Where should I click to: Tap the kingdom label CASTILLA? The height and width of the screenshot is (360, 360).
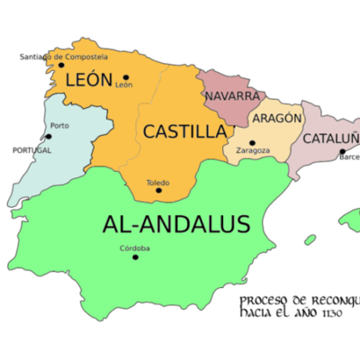184,131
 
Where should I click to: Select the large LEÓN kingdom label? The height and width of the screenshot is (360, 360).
88,81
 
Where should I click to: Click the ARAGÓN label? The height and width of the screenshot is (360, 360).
277,119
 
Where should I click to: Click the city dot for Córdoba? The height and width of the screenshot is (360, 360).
136,257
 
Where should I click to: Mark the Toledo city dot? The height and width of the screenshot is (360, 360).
158,190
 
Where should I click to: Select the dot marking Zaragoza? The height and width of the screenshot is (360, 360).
252,142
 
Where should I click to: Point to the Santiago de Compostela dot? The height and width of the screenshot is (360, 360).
61,65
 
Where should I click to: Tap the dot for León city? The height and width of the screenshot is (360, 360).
126,76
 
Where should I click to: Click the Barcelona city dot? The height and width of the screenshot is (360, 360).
341,153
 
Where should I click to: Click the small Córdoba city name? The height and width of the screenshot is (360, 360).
134,248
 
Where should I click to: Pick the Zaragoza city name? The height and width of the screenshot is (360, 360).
253,152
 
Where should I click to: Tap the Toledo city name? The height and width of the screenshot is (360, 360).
158,181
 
